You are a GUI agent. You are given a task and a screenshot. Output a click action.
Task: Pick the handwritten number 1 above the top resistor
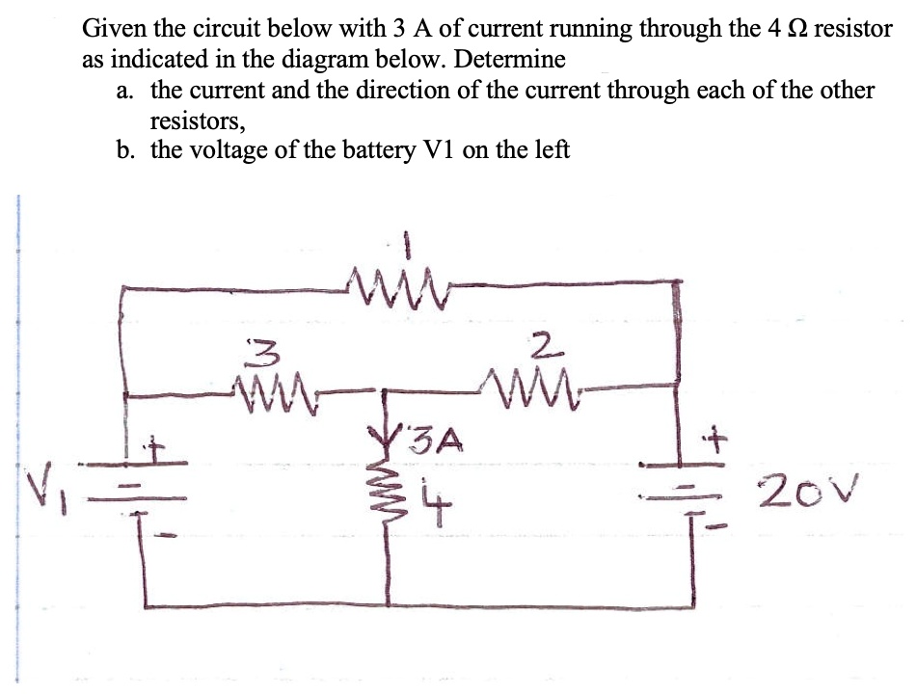pyautogui.click(x=408, y=248)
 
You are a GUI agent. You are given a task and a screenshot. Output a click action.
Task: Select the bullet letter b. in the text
pyautogui.click(x=123, y=150)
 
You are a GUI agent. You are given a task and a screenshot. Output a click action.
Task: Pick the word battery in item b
pyautogui.click(x=309, y=150)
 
